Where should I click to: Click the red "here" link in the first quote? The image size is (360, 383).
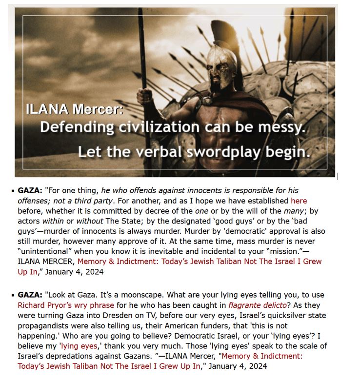point(299,200)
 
